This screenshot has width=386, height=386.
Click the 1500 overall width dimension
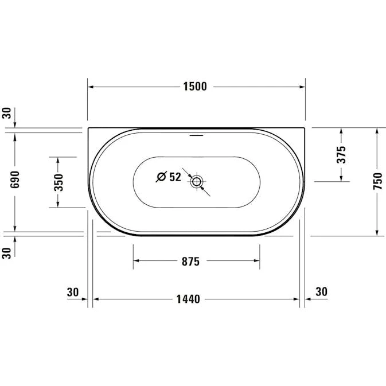tap(195, 87)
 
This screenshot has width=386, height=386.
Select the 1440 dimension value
tap(188, 299)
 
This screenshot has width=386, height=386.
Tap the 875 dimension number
tap(190, 262)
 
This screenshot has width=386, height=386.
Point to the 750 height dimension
tap(378, 181)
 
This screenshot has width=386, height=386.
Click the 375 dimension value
tap(341, 155)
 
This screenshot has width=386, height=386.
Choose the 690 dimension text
tap(15, 180)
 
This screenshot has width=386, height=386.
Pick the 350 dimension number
tap(59, 182)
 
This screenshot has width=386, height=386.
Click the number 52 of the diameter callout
tap(176, 177)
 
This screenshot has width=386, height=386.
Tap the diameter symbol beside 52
tap(162, 177)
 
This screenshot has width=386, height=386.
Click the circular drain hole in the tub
tap(197, 182)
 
